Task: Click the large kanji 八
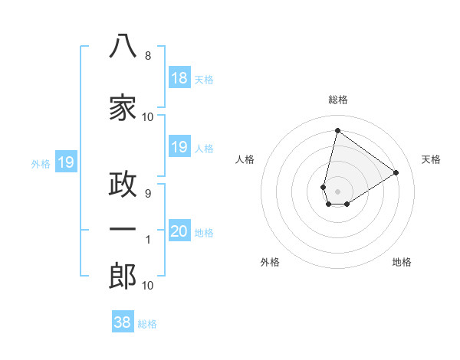(123, 45)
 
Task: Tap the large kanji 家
(123, 107)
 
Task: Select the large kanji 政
(123, 184)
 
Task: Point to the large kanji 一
(123, 229)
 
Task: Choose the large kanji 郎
(123, 276)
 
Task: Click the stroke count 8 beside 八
(148, 56)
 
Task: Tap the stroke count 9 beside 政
(148, 194)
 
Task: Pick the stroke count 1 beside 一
(148, 240)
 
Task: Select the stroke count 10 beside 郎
(147, 286)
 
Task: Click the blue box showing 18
(180, 77)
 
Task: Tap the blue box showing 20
(180, 230)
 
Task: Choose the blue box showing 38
(123, 321)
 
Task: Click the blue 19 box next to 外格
(66, 162)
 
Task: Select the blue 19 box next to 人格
(180, 146)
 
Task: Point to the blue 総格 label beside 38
(147, 324)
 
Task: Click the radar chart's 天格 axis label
(431, 159)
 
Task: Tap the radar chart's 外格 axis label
(270, 262)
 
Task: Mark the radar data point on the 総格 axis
(337, 130)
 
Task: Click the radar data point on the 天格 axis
(396, 172)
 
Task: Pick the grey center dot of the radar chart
(337, 191)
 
